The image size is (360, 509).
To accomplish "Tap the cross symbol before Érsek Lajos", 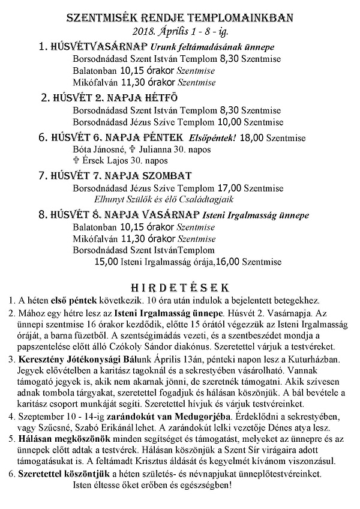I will (x=76, y=160).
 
